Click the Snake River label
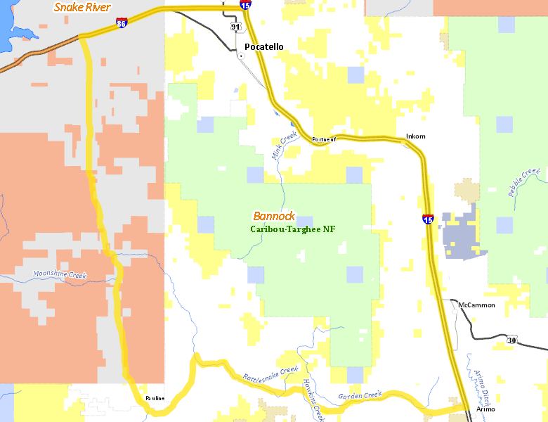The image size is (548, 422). (83, 7)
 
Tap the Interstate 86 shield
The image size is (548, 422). (122, 23)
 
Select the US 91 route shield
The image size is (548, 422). (235, 27)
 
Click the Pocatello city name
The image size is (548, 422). (264, 47)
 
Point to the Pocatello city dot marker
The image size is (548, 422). (241, 55)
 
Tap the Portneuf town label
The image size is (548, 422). (324, 139)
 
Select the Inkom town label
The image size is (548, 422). (416, 136)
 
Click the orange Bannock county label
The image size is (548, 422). (274, 217)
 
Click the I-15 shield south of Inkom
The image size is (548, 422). (428, 219)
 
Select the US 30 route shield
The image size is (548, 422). (511, 340)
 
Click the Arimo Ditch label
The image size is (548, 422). (481, 384)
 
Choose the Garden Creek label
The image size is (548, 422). (359, 396)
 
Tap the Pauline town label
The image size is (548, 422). (155, 398)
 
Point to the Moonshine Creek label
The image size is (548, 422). (60, 276)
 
